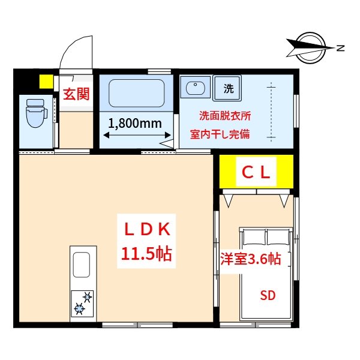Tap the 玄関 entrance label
point(76,94)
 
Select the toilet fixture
point(36,112)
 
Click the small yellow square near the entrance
point(46,81)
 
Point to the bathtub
point(136,92)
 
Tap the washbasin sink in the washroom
point(196,88)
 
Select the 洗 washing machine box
point(228,88)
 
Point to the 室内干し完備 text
point(219,135)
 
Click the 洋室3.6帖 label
point(250,259)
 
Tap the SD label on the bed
point(267,295)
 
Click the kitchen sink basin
point(82,264)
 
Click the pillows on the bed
point(265,236)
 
